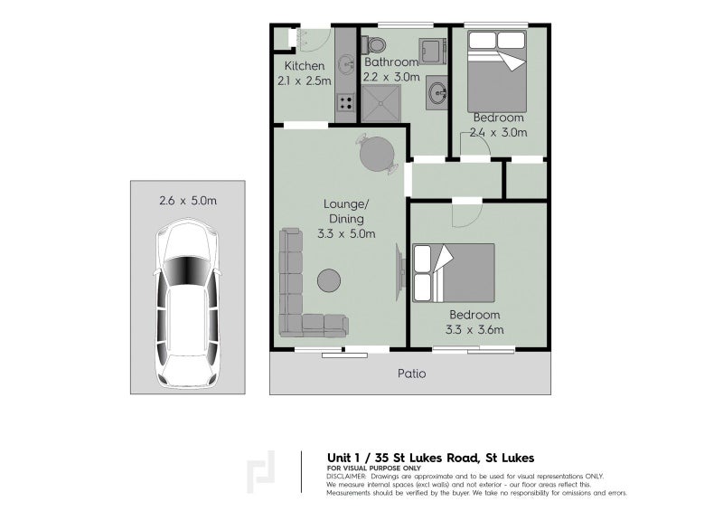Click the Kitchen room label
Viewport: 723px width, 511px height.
(x=304, y=67)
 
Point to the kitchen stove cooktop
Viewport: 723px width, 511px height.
(x=344, y=102)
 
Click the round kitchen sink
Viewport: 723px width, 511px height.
(x=345, y=64)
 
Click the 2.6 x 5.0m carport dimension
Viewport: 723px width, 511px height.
(x=187, y=201)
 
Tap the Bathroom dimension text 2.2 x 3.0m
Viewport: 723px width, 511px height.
(x=391, y=77)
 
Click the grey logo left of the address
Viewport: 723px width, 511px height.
(x=263, y=474)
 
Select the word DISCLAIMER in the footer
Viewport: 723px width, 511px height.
(x=347, y=476)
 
